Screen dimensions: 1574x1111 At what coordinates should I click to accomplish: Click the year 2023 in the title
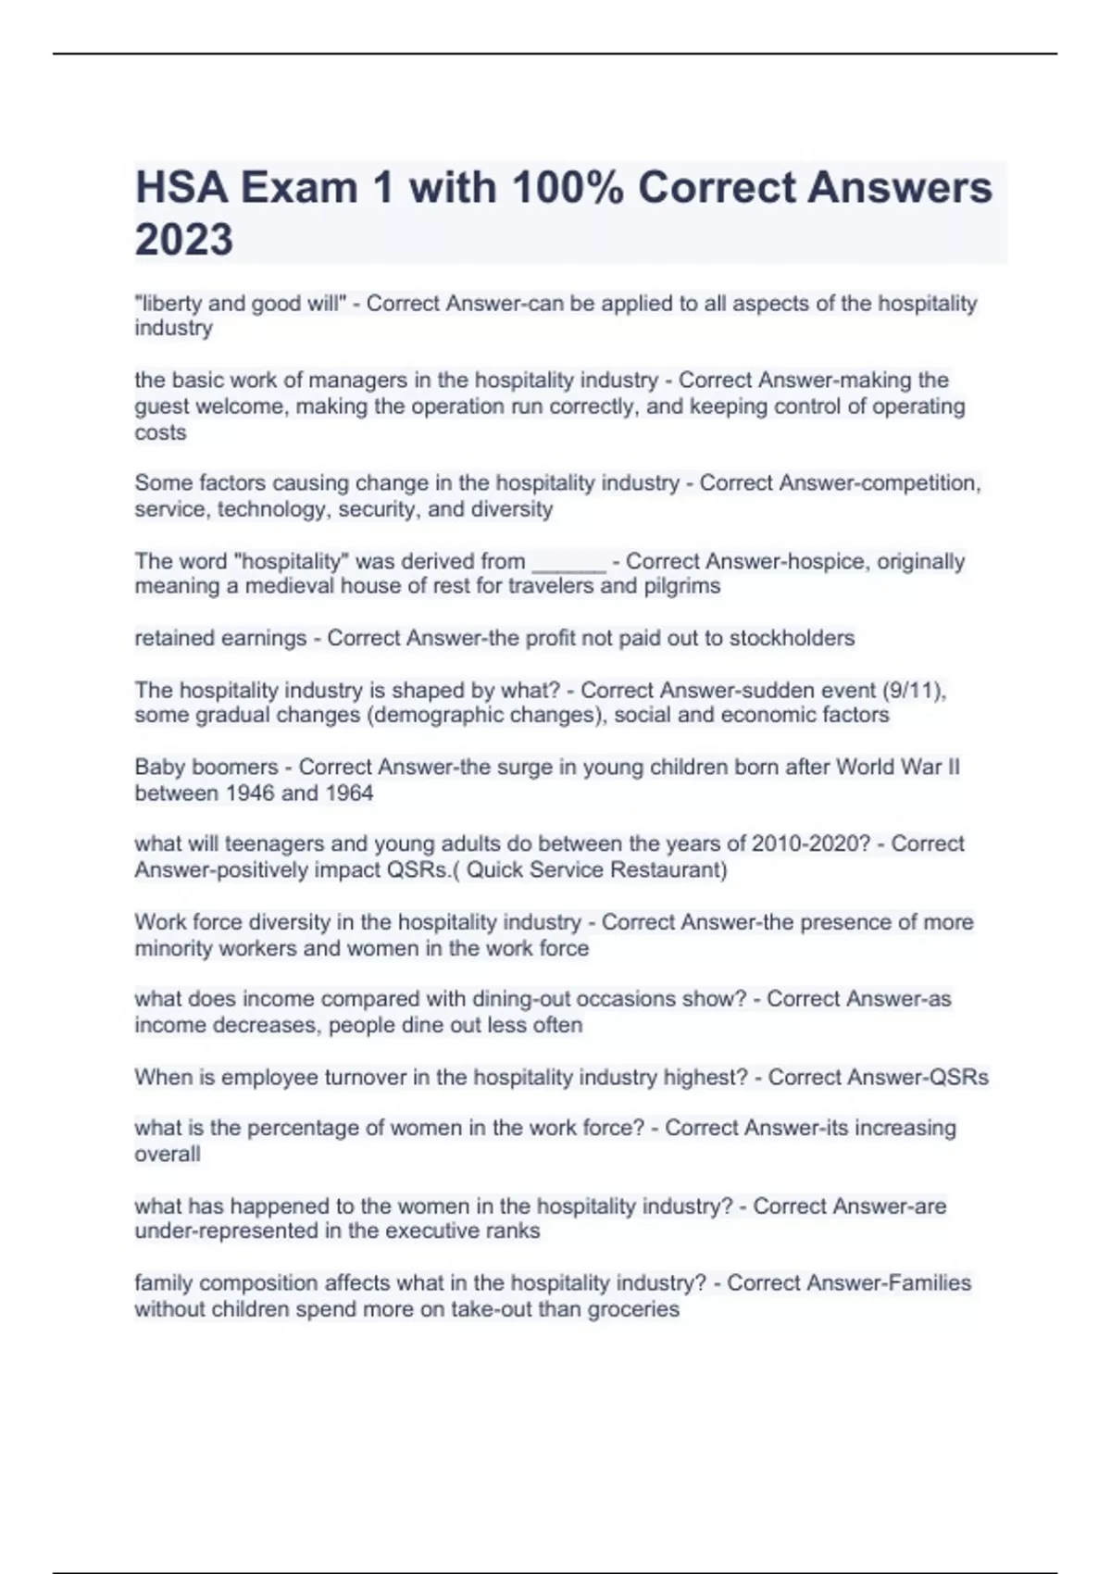tap(184, 239)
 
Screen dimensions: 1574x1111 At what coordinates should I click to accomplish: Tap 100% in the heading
tap(567, 187)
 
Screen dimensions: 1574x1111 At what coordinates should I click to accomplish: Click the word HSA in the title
tap(181, 187)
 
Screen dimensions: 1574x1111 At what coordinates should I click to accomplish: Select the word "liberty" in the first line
tap(170, 304)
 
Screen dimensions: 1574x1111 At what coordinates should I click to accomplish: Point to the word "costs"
tap(160, 432)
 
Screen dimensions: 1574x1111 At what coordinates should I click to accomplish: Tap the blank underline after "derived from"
tap(568, 562)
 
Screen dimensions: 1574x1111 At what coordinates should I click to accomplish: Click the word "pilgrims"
tap(681, 586)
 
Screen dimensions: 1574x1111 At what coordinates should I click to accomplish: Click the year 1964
tap(348, 793)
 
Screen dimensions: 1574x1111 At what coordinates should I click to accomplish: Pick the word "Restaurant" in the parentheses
tap(670, 870)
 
